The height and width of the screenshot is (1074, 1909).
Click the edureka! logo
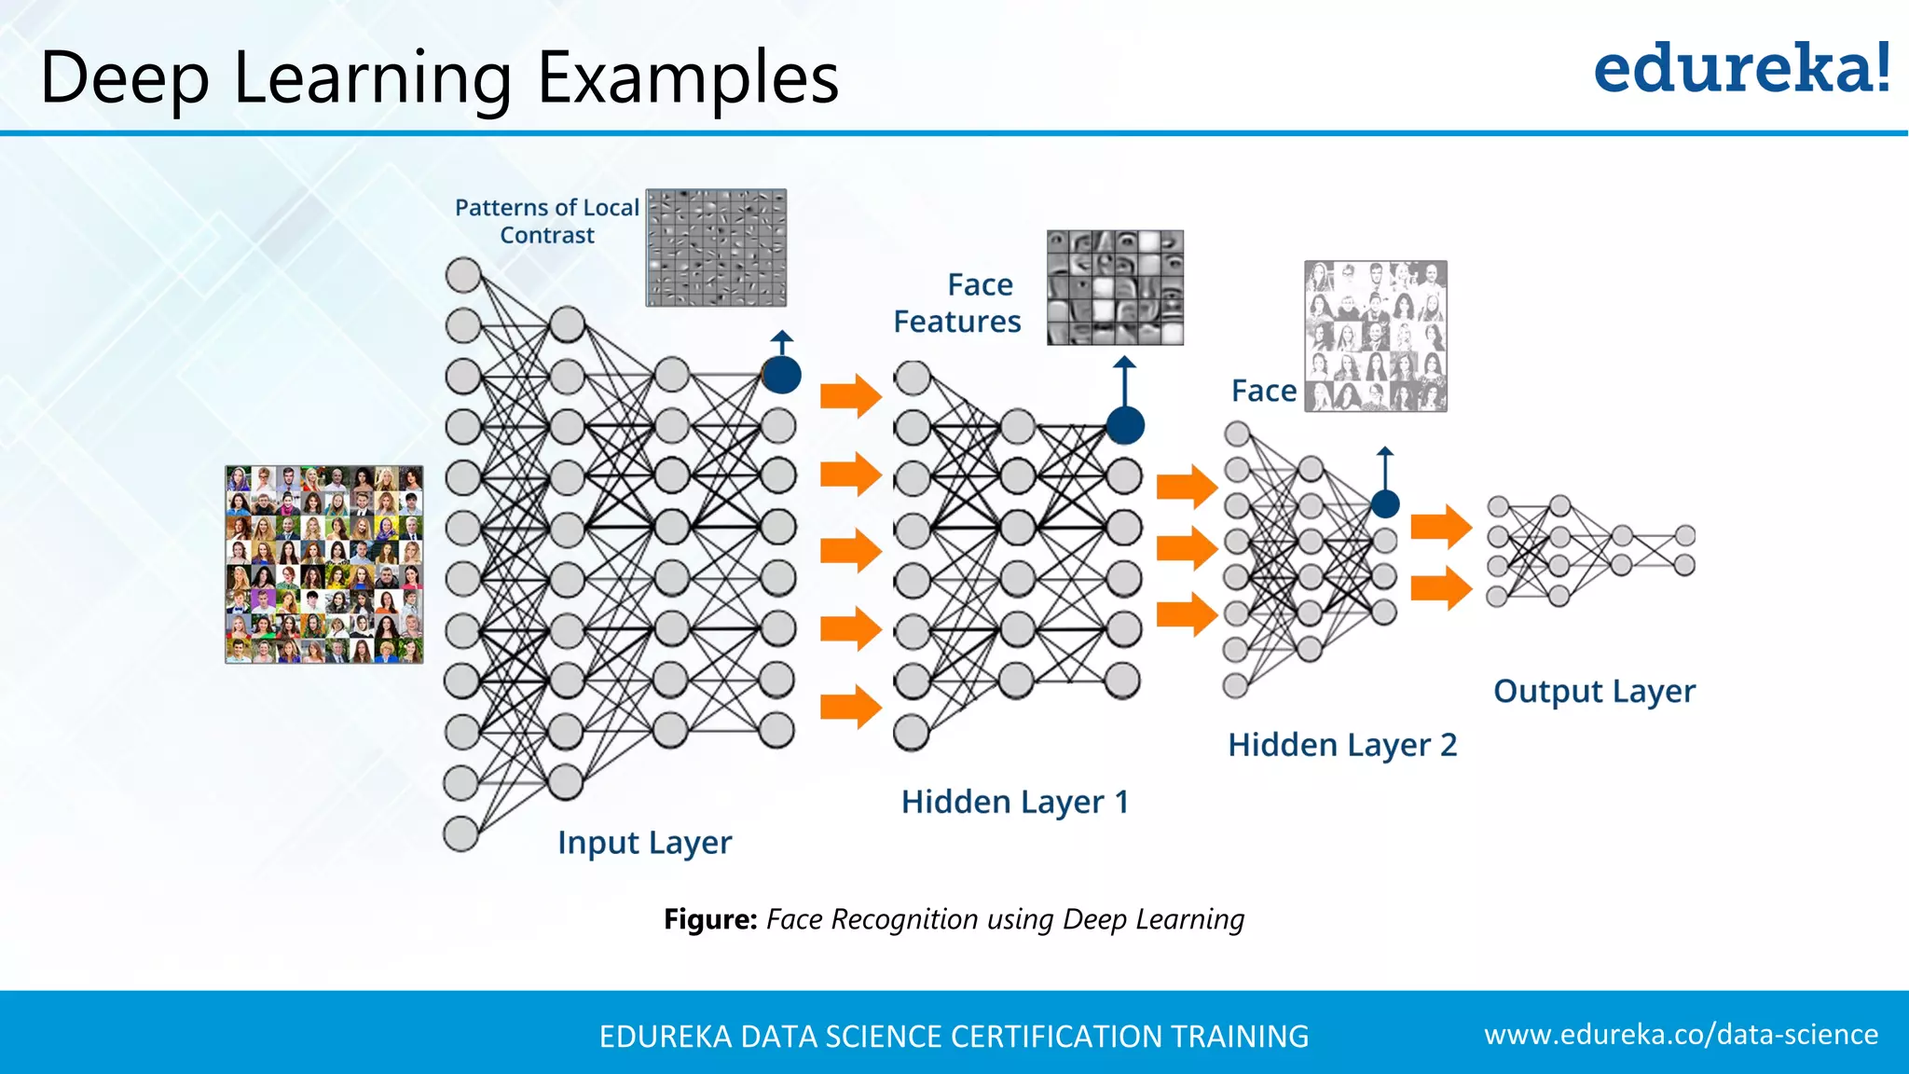pos(1741,69)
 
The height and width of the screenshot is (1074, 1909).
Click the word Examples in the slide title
pos(688,78)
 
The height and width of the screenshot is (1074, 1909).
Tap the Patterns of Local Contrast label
pos(547,221)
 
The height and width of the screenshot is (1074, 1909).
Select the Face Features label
pos(957,303)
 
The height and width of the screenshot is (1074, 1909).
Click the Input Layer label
pos(644,843)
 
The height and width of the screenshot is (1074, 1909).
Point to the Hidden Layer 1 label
pos(1014,802)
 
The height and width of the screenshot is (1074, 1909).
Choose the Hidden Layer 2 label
pos(1341,745)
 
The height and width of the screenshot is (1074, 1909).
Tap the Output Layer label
pos(1594,692)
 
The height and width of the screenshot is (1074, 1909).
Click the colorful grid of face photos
pos(324,565)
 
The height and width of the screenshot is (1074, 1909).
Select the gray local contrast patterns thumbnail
pos(716,248)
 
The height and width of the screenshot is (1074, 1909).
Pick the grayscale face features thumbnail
pos(1115,288)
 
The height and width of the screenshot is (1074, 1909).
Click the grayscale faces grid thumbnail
pos(1376,337)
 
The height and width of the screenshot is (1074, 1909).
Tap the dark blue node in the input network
pos(781,375)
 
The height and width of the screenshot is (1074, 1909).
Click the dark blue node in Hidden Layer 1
pos(1125,426)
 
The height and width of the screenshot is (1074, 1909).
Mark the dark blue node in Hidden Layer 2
pos(1385,504)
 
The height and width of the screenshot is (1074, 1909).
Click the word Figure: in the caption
pos(710,920)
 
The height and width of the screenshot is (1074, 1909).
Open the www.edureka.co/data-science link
pos(1681,1035)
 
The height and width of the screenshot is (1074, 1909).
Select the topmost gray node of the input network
pos(463,276)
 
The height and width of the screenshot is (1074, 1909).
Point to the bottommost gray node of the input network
pos(460,834)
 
